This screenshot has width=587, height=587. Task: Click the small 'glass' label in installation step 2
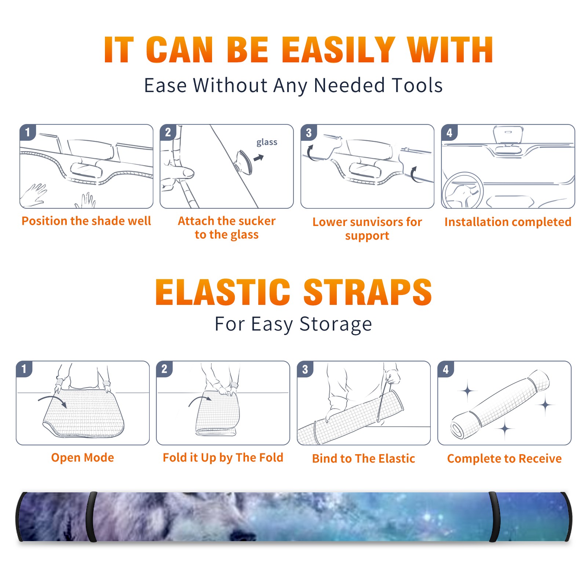tap(267, 142)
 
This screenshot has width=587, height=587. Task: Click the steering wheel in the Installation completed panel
tap(462, 190)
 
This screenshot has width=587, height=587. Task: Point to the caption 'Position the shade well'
tap(86, 221)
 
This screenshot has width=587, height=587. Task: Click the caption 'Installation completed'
tap(508, 222)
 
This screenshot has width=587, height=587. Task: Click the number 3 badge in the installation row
tap(309, 133)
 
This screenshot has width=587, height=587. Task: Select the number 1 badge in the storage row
tap(24, 369)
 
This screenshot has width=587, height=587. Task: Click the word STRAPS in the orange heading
tap(368, 292)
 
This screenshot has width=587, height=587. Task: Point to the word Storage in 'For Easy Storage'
tap(336, 325)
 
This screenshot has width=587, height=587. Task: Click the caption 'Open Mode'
tap(83, 457)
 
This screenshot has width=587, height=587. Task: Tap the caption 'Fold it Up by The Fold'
tap(223, 458)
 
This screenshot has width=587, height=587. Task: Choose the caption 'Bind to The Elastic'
tap(364, 459)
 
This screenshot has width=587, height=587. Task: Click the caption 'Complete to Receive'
tap(504, 459)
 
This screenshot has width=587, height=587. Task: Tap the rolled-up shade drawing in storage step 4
tap(500, 404)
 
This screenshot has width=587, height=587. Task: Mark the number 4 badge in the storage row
tap(446, 369)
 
